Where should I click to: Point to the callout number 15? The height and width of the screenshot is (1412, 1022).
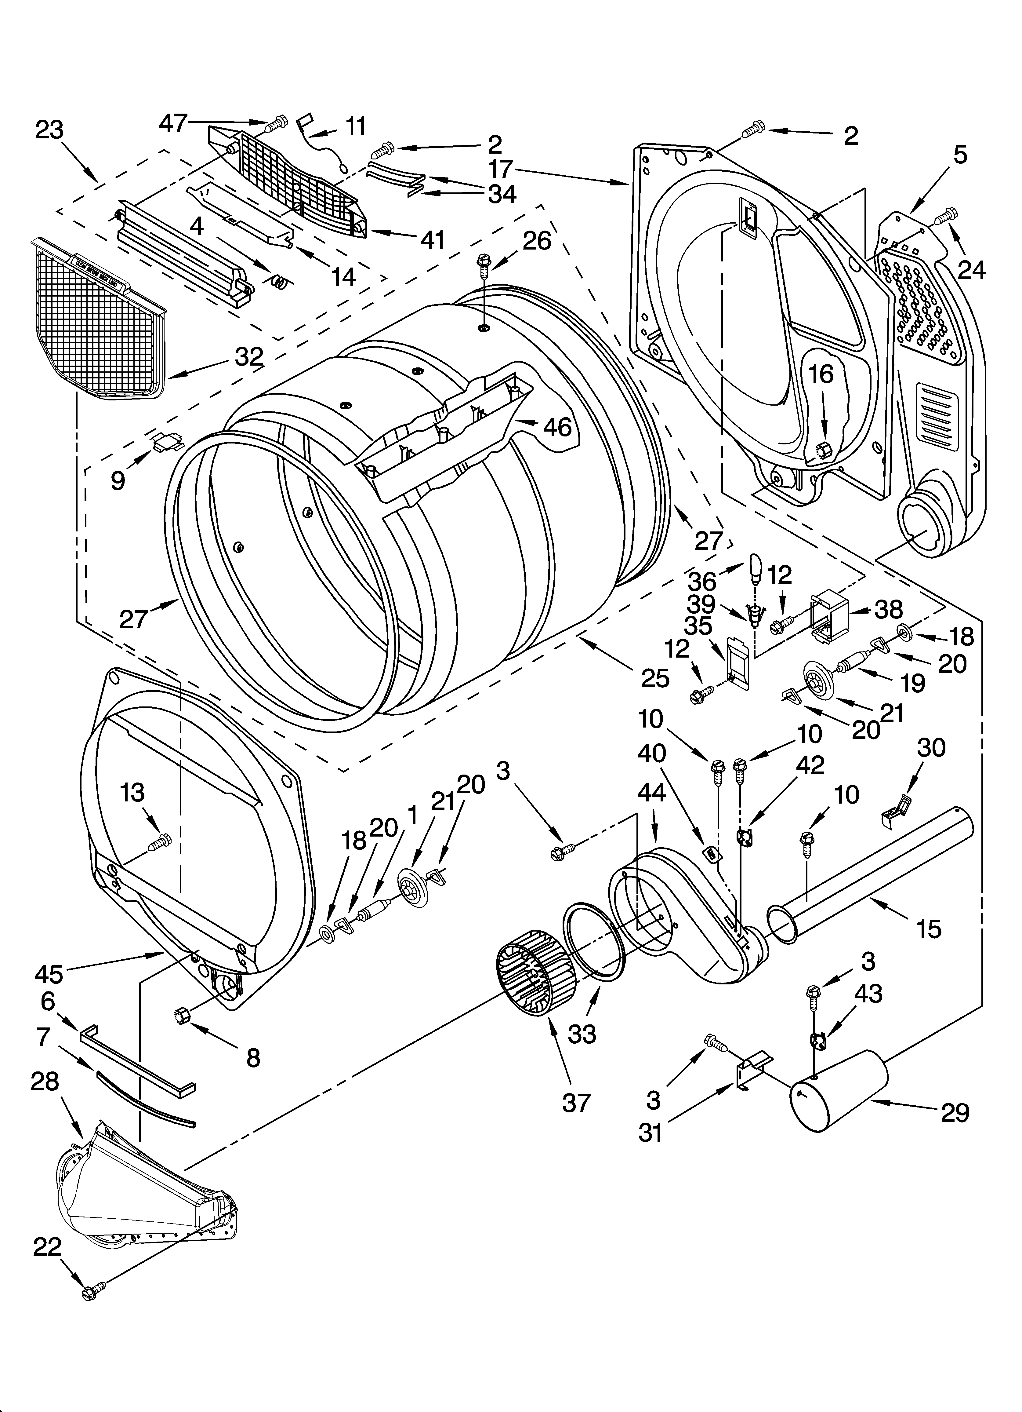pyautogui.click(x=929, y=929)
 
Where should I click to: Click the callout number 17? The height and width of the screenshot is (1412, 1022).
pyautogui.click(x=499, y=169)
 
